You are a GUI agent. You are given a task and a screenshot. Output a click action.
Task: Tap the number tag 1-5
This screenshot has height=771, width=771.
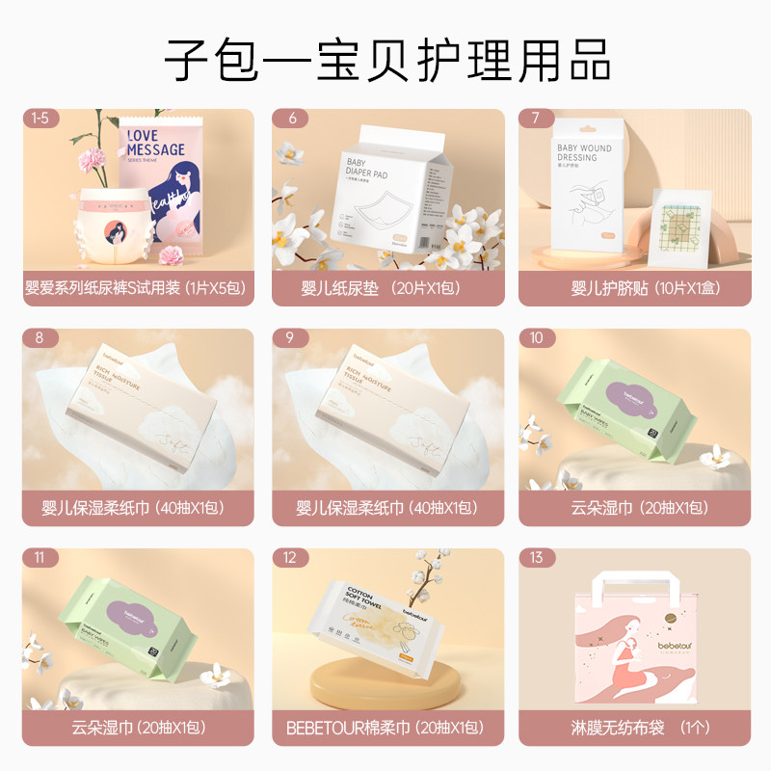tap(40, 119)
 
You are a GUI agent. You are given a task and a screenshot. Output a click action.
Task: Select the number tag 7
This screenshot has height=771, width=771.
tap(536, 119)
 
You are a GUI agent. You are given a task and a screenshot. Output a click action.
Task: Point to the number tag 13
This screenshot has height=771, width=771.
tap(536, 558)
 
